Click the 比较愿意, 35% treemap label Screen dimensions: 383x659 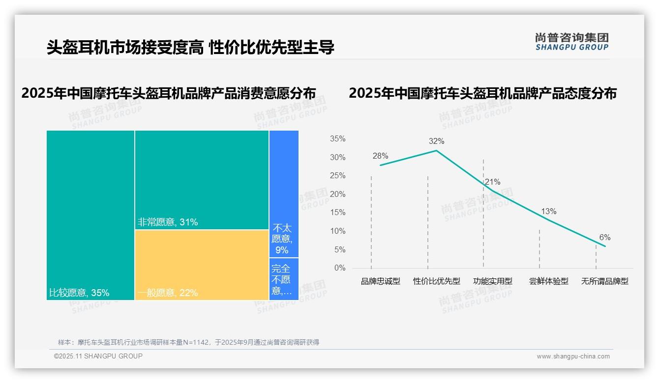(x=79, y=293)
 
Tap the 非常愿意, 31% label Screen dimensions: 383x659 (x=168, y=222)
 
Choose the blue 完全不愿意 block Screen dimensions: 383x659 (x=284, y=279)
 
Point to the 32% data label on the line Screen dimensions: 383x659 (x=436, y=141)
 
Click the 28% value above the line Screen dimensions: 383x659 (x=380, y=156)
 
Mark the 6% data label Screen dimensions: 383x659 (x=604, y=238)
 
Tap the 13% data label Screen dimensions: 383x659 (x=548, y=212)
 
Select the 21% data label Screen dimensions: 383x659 (x=492, y=182)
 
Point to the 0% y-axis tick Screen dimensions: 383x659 (x=340, y=268)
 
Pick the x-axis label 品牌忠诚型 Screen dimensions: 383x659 (x=381, y=281)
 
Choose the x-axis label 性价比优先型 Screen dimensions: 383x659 (x=437, y=281)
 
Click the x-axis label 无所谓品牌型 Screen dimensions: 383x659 (x=604, y=281)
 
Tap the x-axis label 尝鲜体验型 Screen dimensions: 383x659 (x=548, y=281)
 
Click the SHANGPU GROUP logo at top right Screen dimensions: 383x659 (x=571, y=42)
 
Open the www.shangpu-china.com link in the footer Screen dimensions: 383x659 (x=573, y=356)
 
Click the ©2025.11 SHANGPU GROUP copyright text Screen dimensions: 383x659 (x=98, y=356)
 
